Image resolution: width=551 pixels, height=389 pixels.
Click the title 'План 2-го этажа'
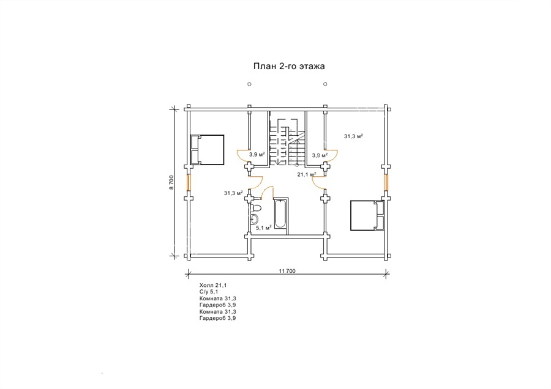pos(289,66)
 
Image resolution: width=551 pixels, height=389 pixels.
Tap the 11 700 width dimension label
pos(288,271)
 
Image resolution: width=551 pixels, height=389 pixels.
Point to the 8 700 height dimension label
pos(171,182)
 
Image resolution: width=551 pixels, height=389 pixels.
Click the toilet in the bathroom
pos(255,208)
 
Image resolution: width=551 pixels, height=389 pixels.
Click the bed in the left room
pos(207,150)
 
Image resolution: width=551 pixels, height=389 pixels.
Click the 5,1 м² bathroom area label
pos(263,228)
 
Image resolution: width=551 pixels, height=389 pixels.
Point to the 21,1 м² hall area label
pos(307,174)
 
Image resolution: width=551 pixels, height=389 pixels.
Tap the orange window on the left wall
pos(189,182)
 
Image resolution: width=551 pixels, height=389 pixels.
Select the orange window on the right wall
pos(386,182)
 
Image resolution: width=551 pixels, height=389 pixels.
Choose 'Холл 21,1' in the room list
pos(211,286)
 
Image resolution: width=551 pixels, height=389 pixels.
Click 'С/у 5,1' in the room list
pos(209,292)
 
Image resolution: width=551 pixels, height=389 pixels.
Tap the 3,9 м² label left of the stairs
pos(257,155)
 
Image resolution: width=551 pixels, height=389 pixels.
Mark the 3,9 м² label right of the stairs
pos(320,155)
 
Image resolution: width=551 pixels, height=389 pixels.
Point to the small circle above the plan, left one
pos(249,84)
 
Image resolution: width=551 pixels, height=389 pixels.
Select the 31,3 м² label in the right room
pos(353,136)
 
